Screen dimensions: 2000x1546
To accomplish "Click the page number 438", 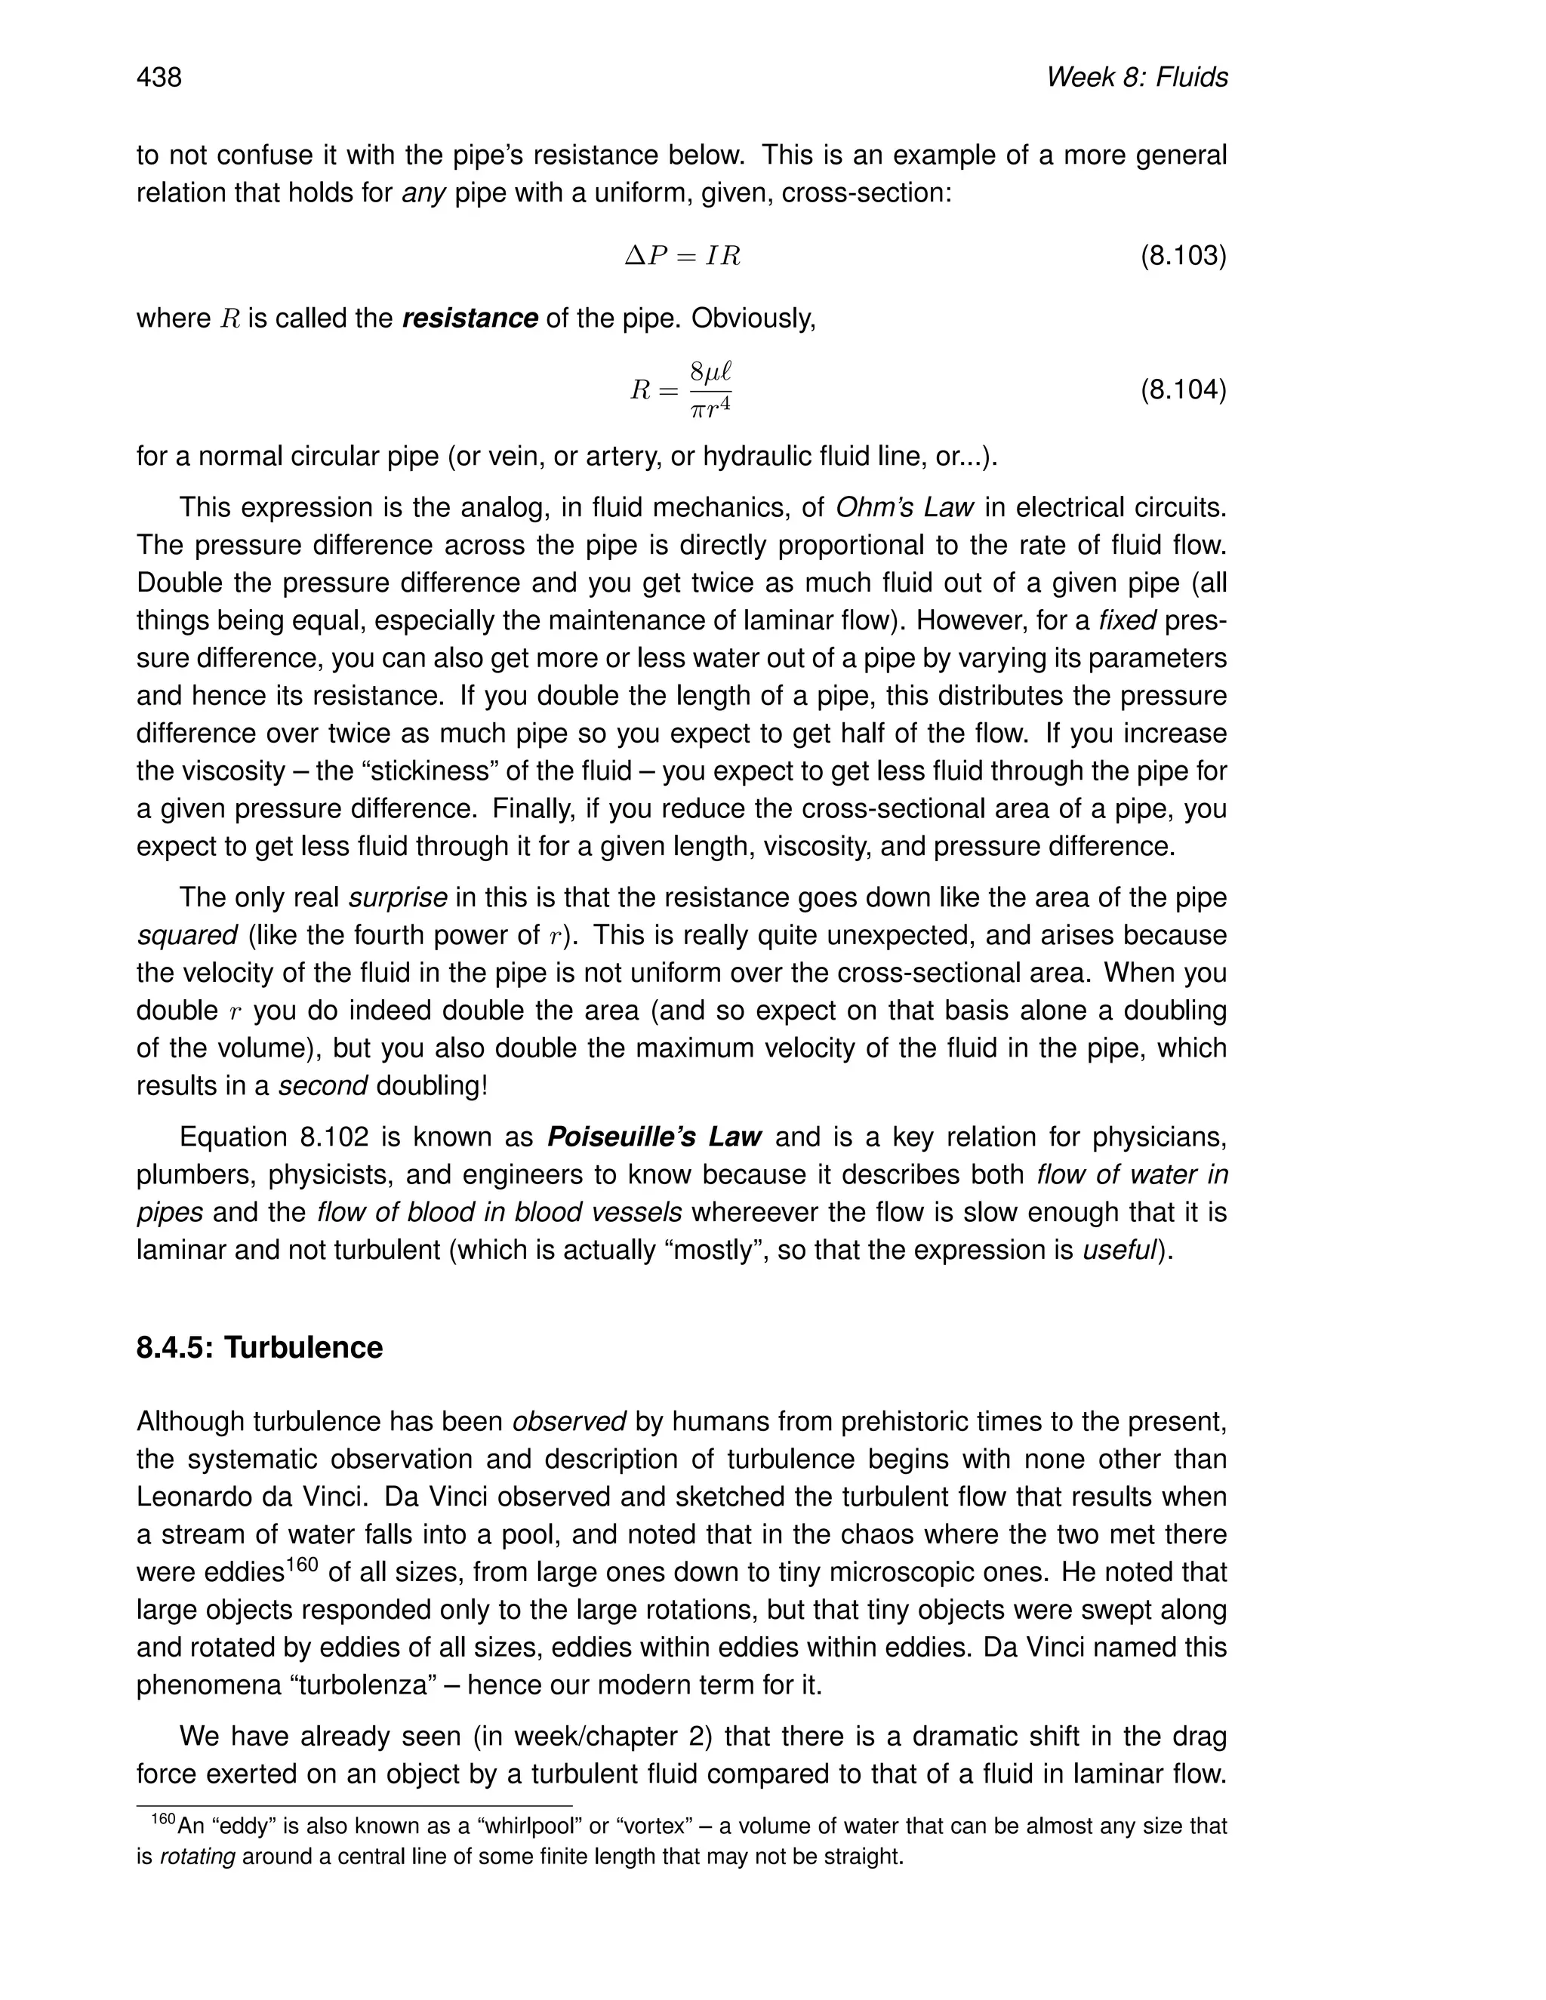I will [159, 78].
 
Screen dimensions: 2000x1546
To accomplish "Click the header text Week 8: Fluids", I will [1137, 78].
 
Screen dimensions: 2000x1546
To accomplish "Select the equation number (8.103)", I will [1182, 256].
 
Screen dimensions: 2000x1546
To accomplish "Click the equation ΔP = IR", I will [682, 256].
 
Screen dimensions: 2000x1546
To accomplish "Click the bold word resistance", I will [470, 318].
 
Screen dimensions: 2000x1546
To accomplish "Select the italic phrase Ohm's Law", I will [904, 507].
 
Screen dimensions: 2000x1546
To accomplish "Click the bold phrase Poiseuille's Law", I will [654, 1137].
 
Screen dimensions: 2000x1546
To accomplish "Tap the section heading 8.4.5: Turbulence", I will [259, 1348].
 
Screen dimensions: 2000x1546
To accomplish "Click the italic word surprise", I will [399, 897].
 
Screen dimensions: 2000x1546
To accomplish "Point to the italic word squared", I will [187, 935].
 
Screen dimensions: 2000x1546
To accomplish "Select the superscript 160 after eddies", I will [301, 1564].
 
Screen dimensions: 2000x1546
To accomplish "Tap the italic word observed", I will [568, 1421].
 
